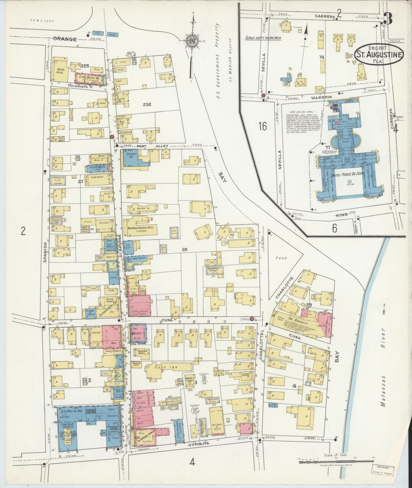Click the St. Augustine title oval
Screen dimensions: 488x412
[379, 54]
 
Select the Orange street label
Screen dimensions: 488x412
[65, 39]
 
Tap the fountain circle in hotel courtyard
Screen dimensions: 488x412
[349, 181]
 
